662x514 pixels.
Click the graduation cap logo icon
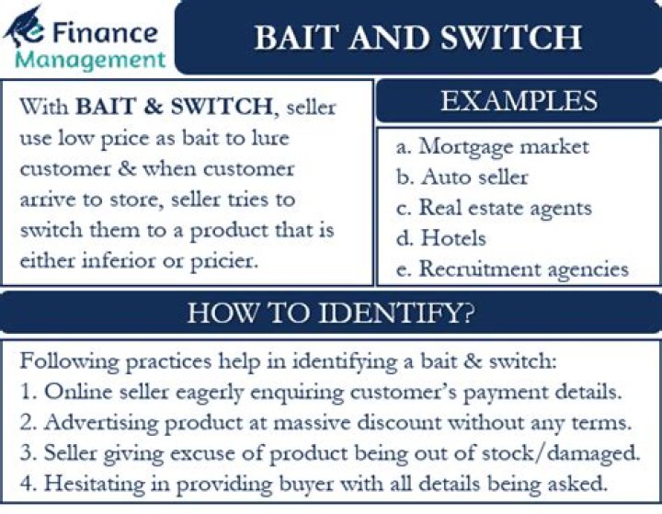(25, 29)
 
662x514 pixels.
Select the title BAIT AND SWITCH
(417, 38)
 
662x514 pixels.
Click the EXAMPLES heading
(519, 101)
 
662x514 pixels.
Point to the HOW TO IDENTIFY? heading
(331, 314)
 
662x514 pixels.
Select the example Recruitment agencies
(523, 268)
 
